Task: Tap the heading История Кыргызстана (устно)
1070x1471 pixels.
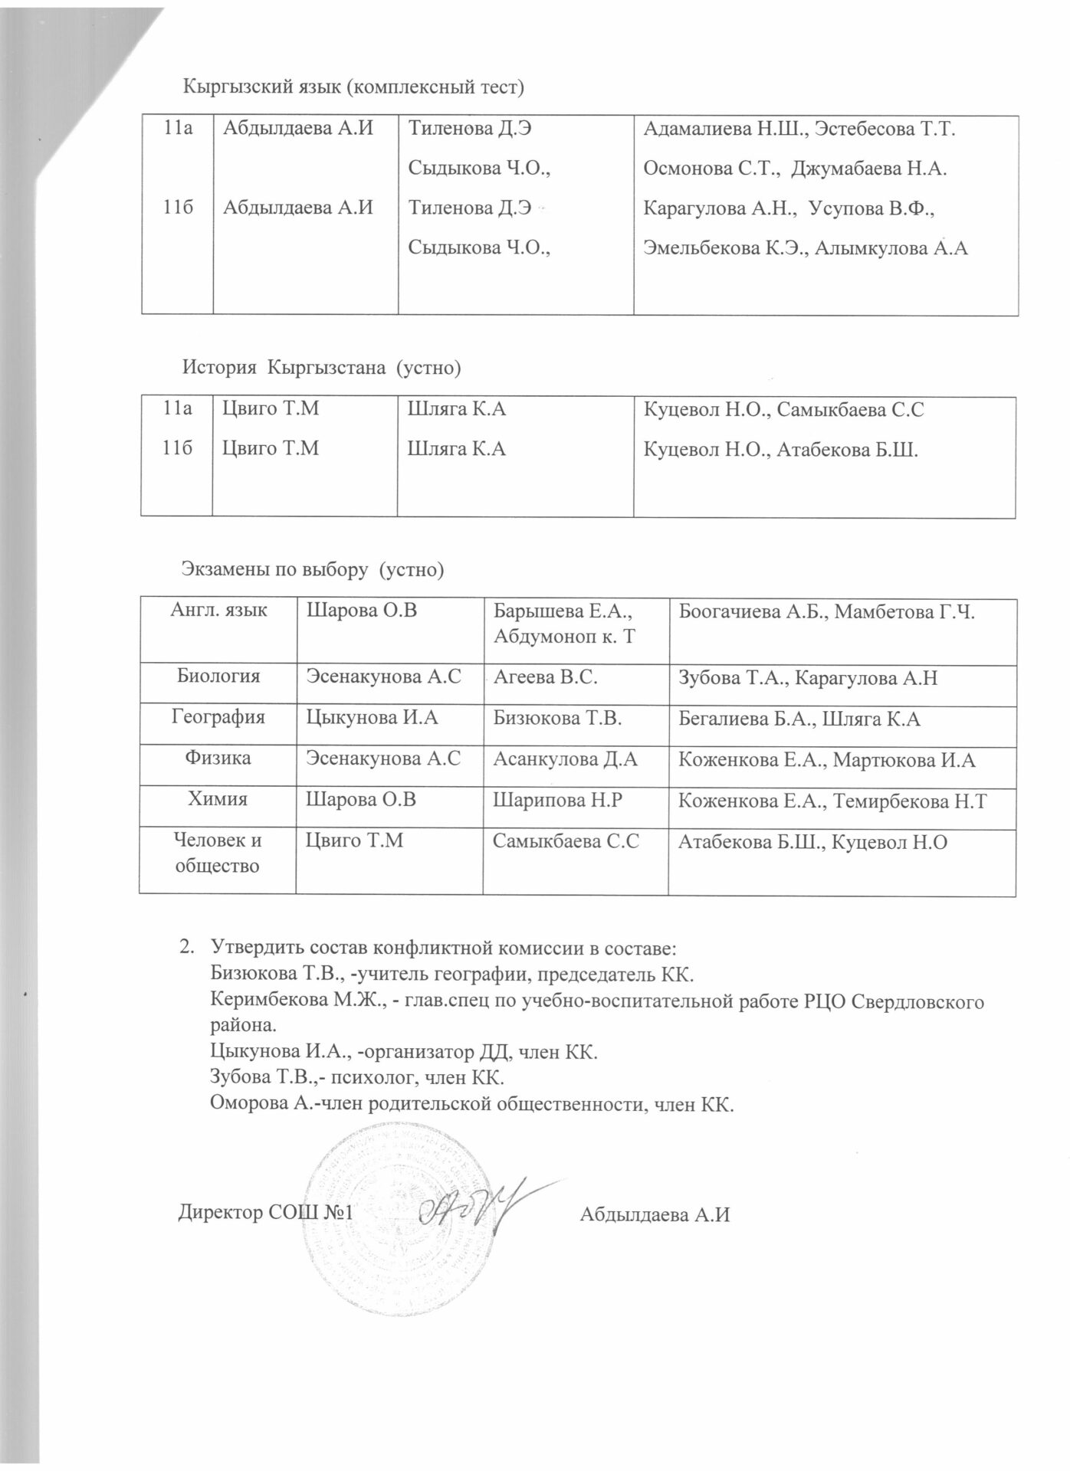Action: coord(321,369)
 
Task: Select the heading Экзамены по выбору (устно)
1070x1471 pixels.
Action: coord(313,569)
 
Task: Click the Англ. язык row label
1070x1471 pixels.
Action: coord(218,611)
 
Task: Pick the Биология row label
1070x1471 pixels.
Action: coord(218,677)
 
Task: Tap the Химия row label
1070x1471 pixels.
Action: coord(218,799)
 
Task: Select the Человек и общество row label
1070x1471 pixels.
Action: coord(218,853)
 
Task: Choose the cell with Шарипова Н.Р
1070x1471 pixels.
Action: coord(557,800)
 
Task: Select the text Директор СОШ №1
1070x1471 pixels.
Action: coord(264,1214)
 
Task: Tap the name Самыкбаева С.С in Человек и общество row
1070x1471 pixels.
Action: coord(566,841)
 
